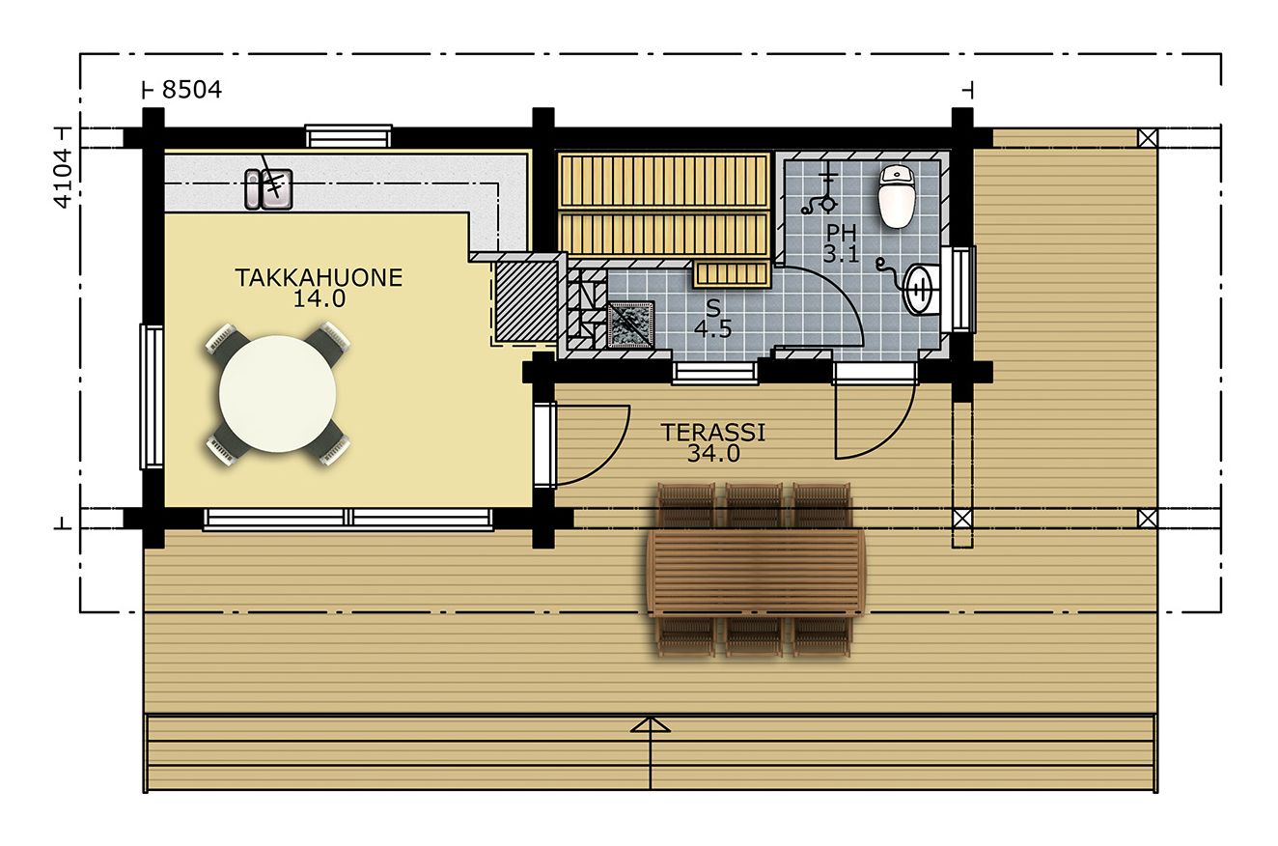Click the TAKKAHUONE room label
click(x=319, y=278)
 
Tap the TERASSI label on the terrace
click(x=713, y=433)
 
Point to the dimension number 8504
click(x=192, y=90)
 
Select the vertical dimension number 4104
click(x=63, y=178)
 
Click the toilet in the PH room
click(x=898, y=196)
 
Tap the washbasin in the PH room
click(x=922, y=290)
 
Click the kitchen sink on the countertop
click(x=268, y=189)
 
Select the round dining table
click(x=277, y=393)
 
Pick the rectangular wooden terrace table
click(x=756, y=573)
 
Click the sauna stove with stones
click(x=630, y=324)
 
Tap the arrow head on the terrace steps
click(x=651, y=724)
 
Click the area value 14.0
click(x=319, y=298)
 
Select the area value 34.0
click(x=713, y=454)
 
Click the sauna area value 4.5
click(x=713, y=329)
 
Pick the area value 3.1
click(x=841, y=254)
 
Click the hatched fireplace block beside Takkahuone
click(x=525, y=301)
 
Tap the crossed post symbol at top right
click(x=1148, y=137)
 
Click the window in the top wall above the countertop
click(x=348, y=136)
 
